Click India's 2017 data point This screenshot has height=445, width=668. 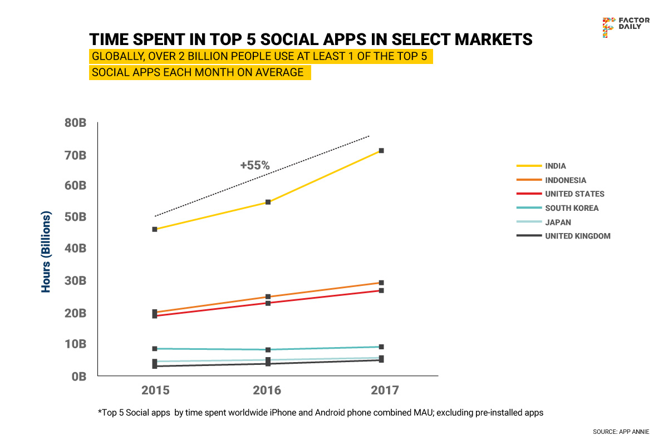coord(381,151)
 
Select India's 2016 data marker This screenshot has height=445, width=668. coord(268,202)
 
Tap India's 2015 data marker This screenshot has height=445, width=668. coord(154,229)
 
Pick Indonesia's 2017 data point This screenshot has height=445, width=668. coord(381,283)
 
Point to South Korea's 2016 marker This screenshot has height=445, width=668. coord(268,350)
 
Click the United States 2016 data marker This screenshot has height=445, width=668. coord(268,303)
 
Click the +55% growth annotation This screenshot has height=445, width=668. coord(255,165)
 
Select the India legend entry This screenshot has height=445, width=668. coord(555,166)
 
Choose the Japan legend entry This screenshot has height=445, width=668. coord(558,222)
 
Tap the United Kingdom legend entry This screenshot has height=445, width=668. coord(577,236)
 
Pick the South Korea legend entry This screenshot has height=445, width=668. coord(572,208)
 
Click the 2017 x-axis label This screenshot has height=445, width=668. coord(385,390)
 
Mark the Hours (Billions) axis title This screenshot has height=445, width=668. coord(46,252)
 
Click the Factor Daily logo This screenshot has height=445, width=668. coord(625,27)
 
